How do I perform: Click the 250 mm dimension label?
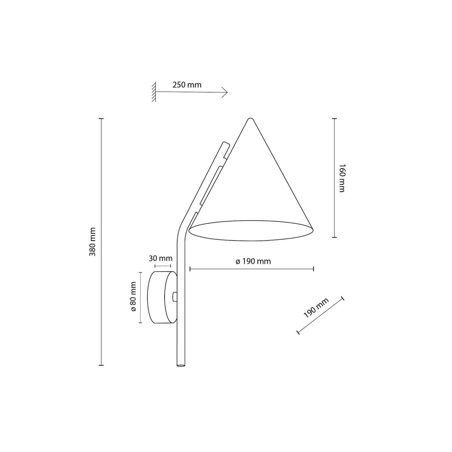click(187, 85)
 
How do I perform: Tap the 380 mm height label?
click(93, 241)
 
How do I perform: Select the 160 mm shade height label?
click(342, 178)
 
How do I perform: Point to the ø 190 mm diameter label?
click(253, 262)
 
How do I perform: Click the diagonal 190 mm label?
click(316, 308)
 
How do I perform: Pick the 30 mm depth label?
click(160, 258)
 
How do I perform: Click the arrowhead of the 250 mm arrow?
click(226, 93)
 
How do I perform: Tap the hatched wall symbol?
click(154, 92)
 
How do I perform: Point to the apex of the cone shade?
click(249, 119)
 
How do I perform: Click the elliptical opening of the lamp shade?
click(251, 231)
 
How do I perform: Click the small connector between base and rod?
click(175, 297)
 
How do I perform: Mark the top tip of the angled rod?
click(225, 143)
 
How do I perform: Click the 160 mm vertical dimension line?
click(334, 178)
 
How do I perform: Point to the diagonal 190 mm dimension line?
click(320, 315)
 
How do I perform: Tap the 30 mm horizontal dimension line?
click(163, 266)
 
